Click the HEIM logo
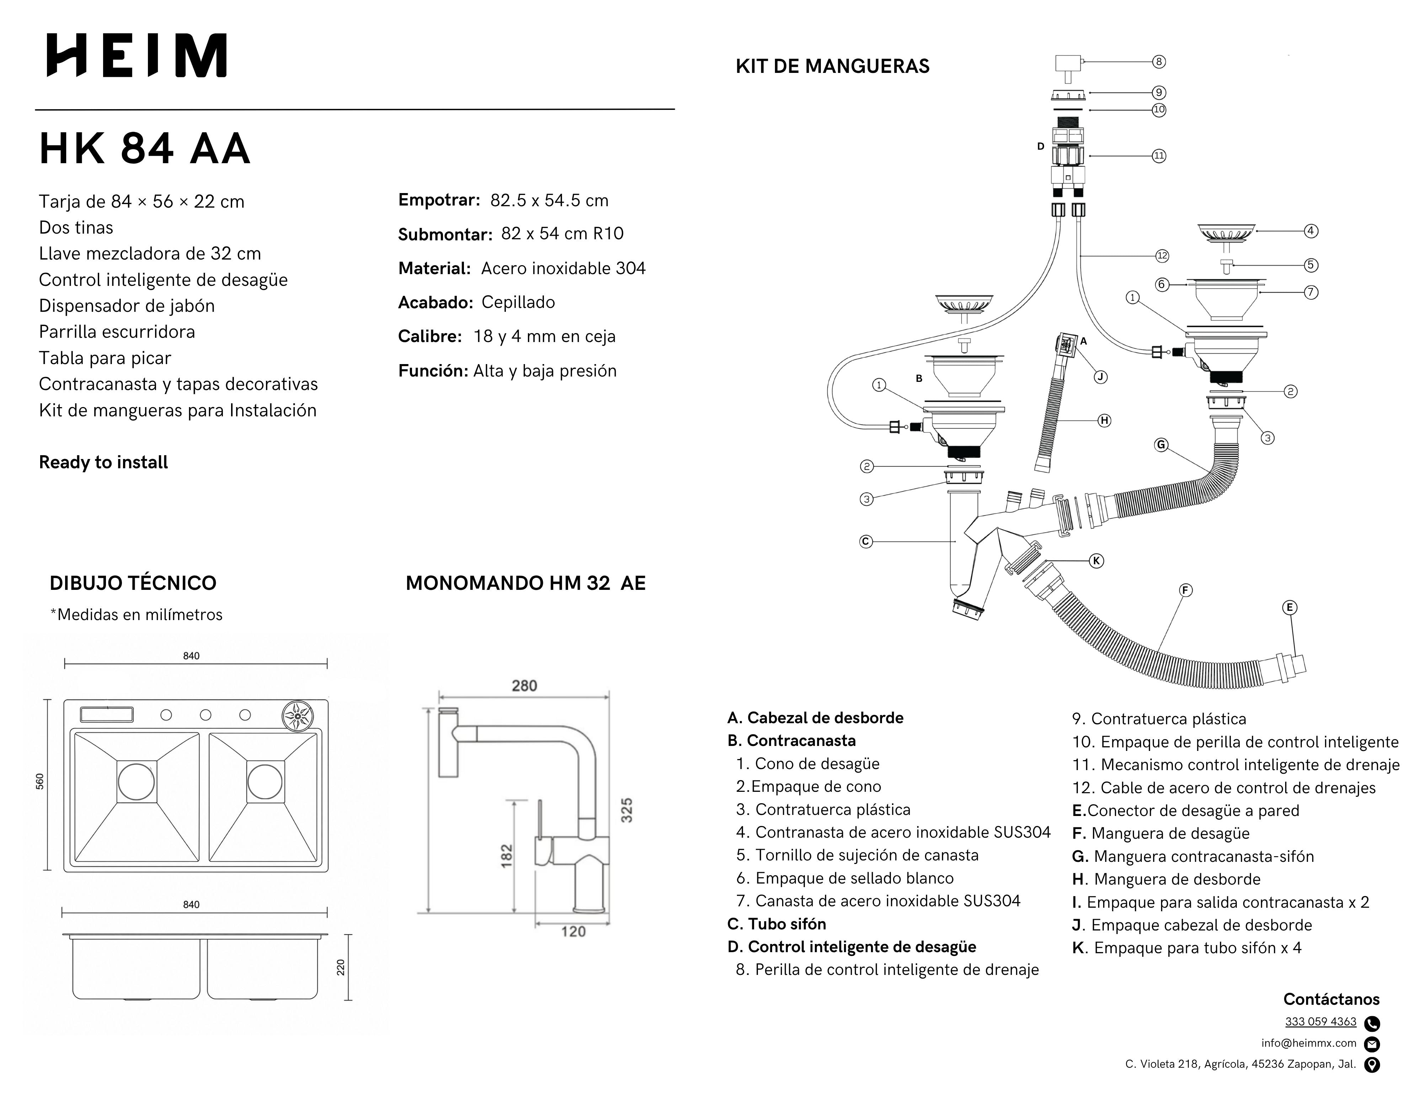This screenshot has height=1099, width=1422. coord(137,55)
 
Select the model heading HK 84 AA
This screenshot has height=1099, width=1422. coord(145,149)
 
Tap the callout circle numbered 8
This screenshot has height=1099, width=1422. coord(1159,62)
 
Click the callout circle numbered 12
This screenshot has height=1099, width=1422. coord(1162,256)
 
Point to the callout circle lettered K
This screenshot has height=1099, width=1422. coord(1096,561)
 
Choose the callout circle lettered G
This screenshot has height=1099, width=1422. coord(1161,445)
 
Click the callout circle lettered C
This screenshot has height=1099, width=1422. coord(866,541)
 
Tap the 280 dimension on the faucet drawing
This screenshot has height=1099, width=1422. coord(524,685)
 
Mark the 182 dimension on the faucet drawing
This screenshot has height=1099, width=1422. coord(507,855)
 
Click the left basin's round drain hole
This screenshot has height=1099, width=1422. coord(137,781)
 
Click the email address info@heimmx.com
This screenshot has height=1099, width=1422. coord(1309,1043)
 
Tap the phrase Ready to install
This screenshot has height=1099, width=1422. coord(103,462)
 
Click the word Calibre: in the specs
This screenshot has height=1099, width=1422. coord(430,337)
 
